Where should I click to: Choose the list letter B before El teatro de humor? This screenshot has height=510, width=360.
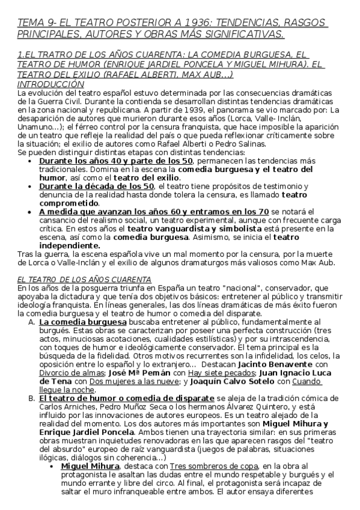point(32,399)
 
